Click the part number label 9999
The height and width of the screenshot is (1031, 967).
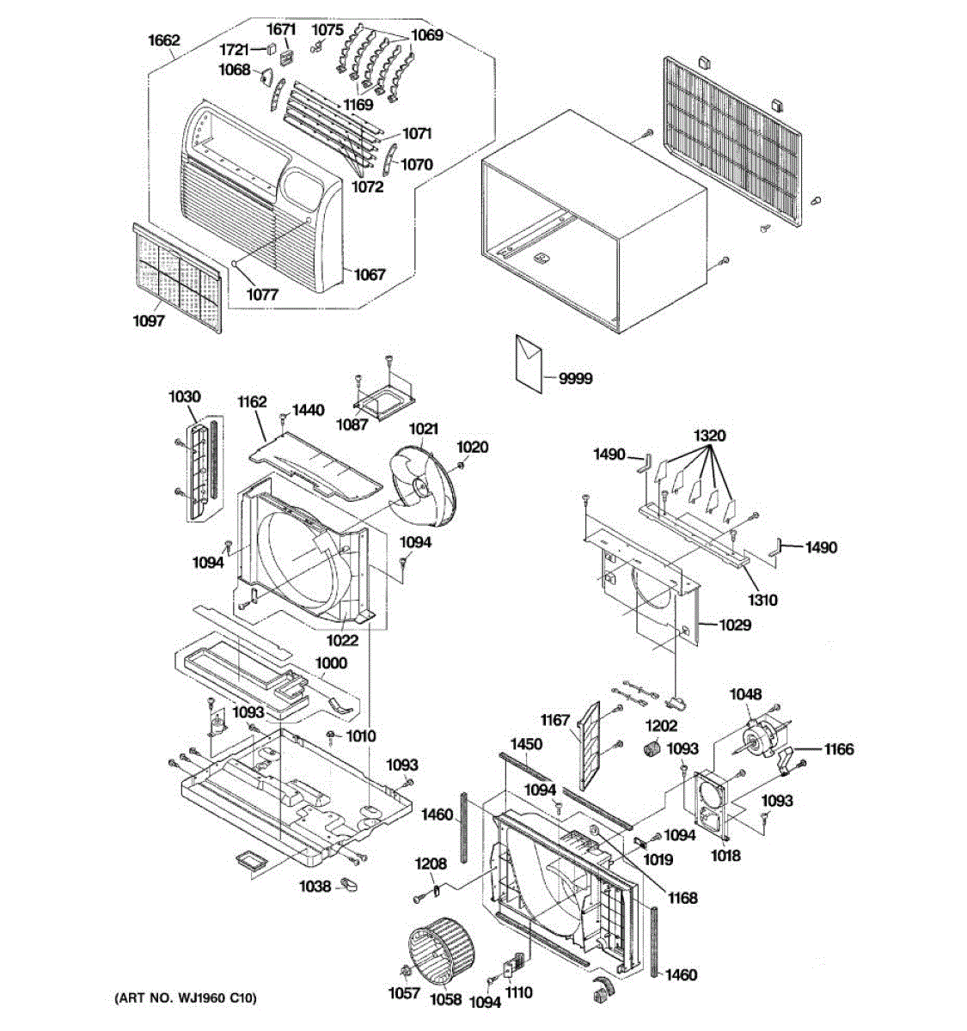(575, 378)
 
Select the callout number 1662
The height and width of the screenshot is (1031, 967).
(164, 40)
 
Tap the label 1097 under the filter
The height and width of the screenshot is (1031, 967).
(148, 321)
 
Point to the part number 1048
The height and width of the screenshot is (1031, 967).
(745, 694)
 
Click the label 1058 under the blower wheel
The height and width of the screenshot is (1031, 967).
(446, 999)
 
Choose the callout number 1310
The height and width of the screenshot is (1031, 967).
(762, 599)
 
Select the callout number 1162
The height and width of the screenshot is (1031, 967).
(253, 402)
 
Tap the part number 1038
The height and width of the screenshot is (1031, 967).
(315, 886)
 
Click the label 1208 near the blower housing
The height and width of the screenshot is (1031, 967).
(431, 863)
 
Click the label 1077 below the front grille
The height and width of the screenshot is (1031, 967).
(263, 294)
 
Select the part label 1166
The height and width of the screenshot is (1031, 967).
(839, 749)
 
